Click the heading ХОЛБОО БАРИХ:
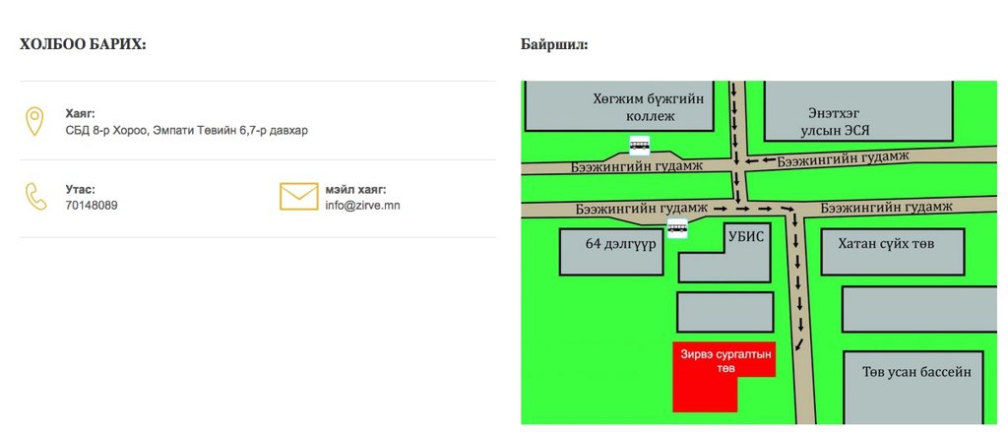point(83,44)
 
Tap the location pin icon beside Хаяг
point(34,122)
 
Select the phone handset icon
point(35,196)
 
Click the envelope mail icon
point(299,197)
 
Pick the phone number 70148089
point(92,206)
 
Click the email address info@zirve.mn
point(362,206)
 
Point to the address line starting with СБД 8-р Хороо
point(186,130)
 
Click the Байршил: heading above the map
point(554,44)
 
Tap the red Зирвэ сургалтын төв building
point(722,369)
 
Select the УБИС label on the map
point(745,237)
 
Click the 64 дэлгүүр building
point(613,252)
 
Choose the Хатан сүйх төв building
point(885,242)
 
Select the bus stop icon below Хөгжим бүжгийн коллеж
point(640,146)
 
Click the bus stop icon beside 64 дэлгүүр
point(676,229)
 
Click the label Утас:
point(81,189)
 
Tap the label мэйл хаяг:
point(355,189)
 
